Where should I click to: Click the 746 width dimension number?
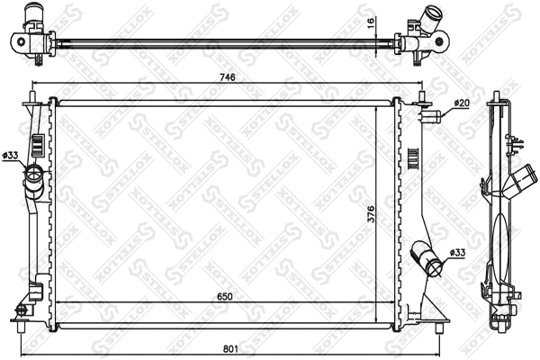coord(228,78)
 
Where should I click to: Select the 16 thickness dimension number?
coord(370,24)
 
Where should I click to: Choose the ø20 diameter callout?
coord(461,103)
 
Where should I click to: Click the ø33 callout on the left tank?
coord(11,156)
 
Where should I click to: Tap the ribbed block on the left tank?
coord(39,144)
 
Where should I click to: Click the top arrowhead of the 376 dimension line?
coord(375,105)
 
